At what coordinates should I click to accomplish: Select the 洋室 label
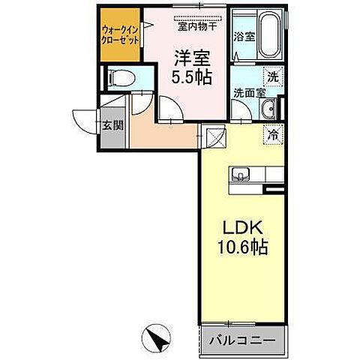193,57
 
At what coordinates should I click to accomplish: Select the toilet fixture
121,78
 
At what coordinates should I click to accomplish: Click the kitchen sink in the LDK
240,175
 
